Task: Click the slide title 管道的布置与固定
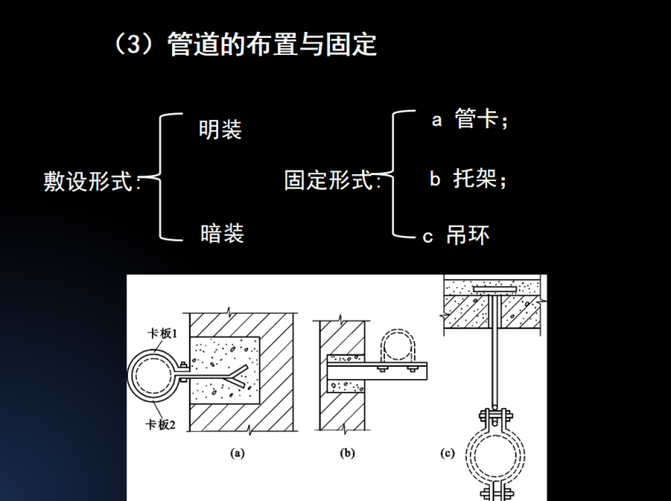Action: (x=272, y=44)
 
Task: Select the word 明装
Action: (x=221, y=131)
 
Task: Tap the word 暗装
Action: (x=221, y=233)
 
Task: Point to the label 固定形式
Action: (x=330, y=182)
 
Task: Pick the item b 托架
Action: (x=469, y=179)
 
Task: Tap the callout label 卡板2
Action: (x=162, y=424)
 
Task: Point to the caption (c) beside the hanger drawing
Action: (x=448, y=453)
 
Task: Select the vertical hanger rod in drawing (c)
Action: (x=494, y=353)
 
